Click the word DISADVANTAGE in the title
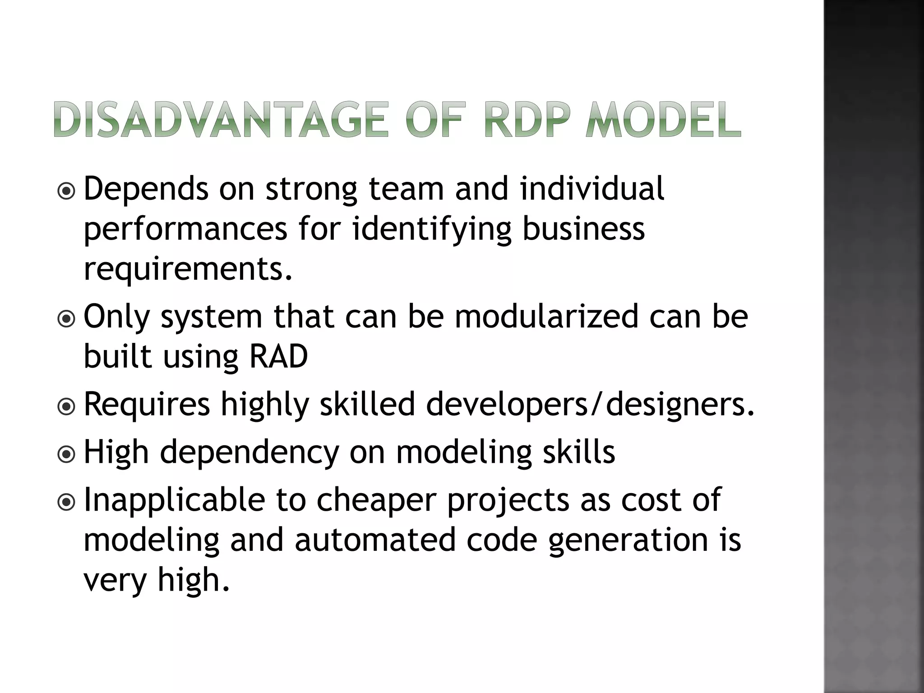point(221,120)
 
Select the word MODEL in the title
point(663,120)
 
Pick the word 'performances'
point(185,229)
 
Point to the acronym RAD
point(278,356)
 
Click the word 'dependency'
point(249,453)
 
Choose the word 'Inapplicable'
point(175,500)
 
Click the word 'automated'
point(375,540)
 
